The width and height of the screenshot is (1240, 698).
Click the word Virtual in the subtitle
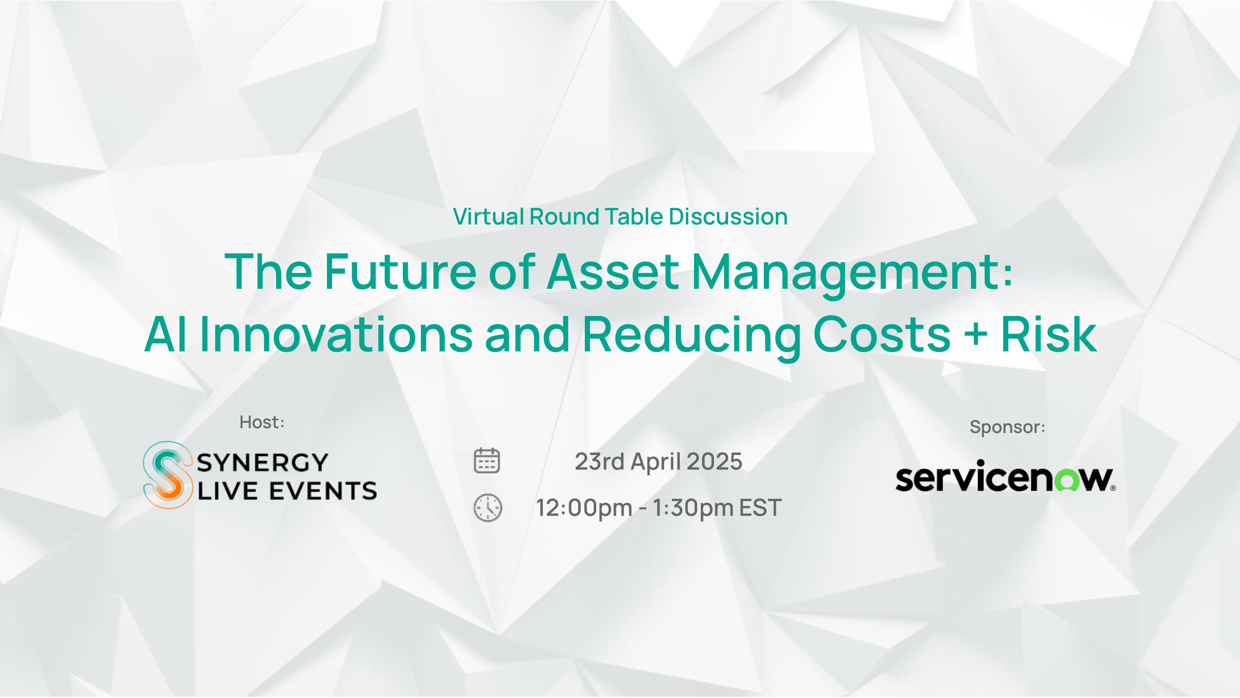489,216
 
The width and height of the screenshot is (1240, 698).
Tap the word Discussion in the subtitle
728,216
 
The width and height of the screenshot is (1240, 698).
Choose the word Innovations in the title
336,334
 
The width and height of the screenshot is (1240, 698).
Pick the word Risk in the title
1049,334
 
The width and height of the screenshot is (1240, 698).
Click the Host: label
262,422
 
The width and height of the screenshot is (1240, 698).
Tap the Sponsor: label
1007,427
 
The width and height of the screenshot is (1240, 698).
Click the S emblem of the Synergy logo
167,474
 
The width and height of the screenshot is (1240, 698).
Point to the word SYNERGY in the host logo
262,462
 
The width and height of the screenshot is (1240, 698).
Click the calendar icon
487,461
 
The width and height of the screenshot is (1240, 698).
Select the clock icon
488,507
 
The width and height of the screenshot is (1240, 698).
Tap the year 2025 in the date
714,461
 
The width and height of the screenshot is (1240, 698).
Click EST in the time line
760,508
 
